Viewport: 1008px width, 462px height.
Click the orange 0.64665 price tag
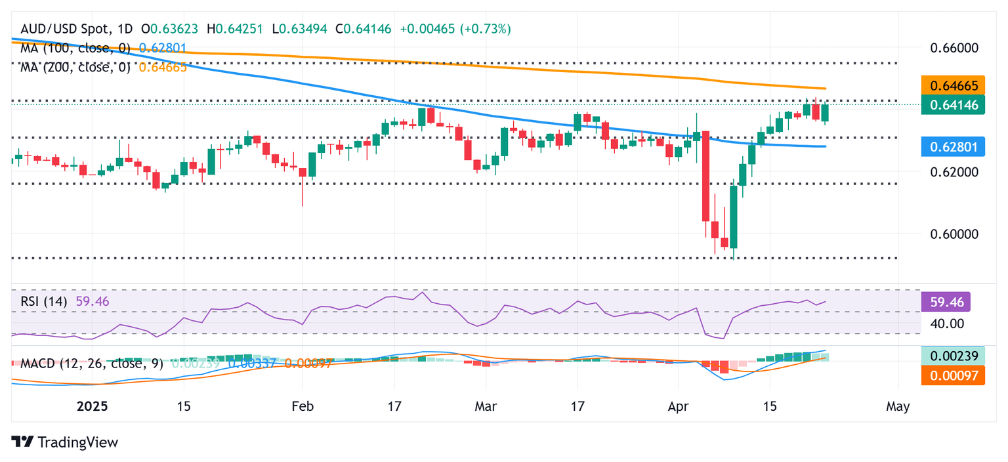tap(952, 86)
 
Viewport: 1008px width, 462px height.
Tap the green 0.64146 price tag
tap(952, 104)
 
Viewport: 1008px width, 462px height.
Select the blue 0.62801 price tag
tap(952, 146)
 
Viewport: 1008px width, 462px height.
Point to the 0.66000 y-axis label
tap(955, 48)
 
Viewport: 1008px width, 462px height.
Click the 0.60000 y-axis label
tap(955, 234)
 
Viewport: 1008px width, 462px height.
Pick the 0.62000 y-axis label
tap(955, 172)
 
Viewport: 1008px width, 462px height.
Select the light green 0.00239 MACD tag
tap(952, 356)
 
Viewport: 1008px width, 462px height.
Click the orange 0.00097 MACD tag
tap(952, 375)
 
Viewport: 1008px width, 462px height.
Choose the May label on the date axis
tap(898, 406)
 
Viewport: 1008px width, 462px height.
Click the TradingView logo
tap(65, 442)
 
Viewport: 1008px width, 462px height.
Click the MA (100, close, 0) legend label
tap(75, 48)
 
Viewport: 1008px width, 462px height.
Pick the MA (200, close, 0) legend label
tap(75, 66)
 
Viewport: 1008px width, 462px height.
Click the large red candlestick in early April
tap(706, 177)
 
